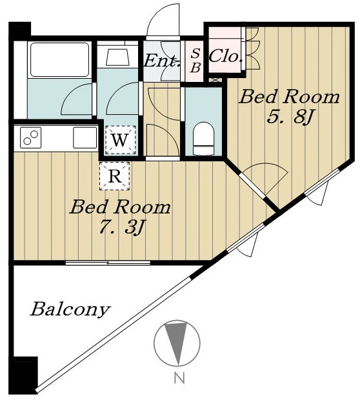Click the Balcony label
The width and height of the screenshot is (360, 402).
[70, 310]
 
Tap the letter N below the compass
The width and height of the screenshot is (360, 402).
[179, 377]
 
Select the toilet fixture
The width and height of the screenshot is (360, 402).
[203, 139]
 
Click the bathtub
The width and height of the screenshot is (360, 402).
[59, 60]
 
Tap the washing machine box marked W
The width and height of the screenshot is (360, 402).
[120, 140]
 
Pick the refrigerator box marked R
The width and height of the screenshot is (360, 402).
[115, 176]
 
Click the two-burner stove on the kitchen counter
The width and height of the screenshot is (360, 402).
[31, 137]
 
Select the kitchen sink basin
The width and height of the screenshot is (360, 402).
[85, 137]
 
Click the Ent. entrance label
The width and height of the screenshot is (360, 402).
[161, 61]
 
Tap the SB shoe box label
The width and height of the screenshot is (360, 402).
[195, 61]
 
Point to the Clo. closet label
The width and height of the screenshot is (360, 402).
[226, 56]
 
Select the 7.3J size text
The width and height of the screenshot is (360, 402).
[121, 227]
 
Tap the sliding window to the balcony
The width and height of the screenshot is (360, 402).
[108, 263]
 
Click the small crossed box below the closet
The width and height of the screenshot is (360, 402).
[215, 80]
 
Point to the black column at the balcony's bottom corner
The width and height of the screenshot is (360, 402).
[25, 375]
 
